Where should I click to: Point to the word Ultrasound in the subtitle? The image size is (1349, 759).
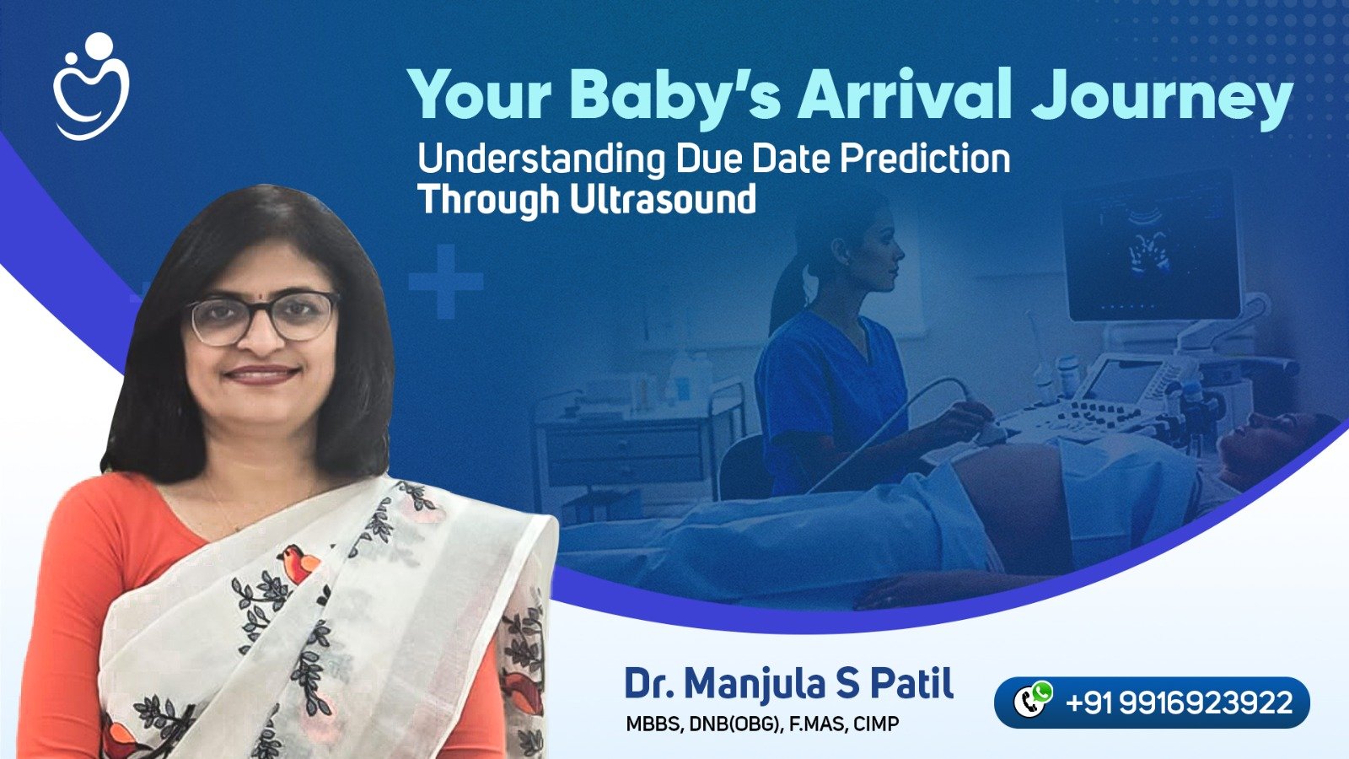tap(663, 199)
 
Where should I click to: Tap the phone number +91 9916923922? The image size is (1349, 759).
tap(1179, 702)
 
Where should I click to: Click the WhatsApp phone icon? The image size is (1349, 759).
tap(1032, 700)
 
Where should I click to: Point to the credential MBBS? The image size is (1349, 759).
tap(653, 724)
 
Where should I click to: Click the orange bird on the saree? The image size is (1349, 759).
tap(298, 563)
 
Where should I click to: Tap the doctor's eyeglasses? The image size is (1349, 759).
tap(263, 317)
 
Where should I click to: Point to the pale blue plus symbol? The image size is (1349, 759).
tap(446, 282)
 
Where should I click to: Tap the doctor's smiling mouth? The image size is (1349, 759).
tap(261, 374)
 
